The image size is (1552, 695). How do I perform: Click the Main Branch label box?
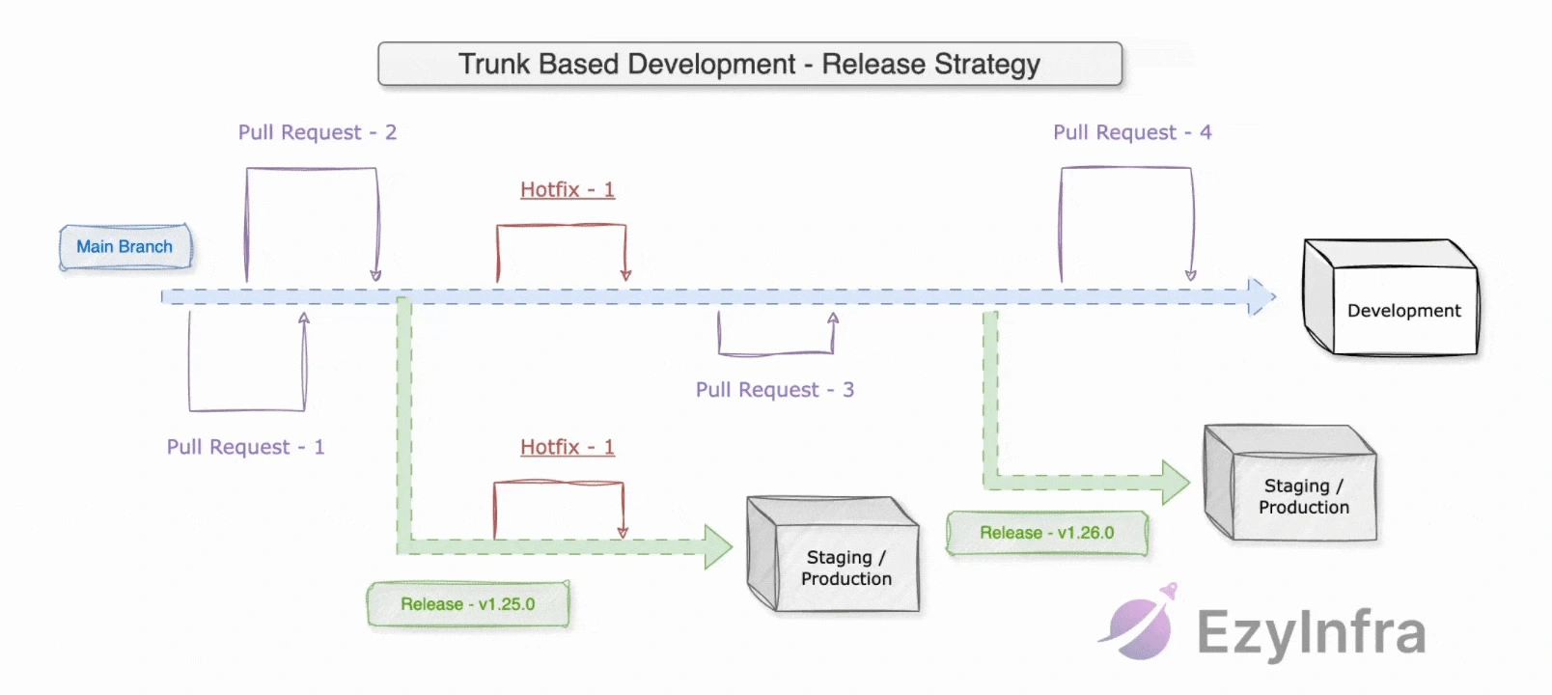coord(125,247)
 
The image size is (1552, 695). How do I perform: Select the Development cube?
coord(1391,299)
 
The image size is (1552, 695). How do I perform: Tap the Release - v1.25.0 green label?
coord(468,604)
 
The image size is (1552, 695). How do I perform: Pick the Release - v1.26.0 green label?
coord(1047,533)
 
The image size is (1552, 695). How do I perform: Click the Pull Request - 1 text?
coord(245,447)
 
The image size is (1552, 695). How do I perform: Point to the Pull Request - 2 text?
coord(318,132)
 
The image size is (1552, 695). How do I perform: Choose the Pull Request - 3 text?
coord(775,390)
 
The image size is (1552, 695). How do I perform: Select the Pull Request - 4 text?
coord(1132,132)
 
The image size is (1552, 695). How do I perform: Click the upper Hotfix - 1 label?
coord(568,189)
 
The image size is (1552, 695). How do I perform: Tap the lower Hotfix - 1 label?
coord(568,447)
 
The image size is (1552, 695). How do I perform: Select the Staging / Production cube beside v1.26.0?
coord(1291,486)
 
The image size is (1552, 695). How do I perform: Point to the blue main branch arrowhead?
coord(1261,296)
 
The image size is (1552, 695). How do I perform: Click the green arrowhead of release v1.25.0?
coord(718,547)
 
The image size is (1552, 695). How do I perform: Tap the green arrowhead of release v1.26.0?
coord(1176,482)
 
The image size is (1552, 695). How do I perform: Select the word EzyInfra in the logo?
coord(1311,633)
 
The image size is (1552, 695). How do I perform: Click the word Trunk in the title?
coord(494,64)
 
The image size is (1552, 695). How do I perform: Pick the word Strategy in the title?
coord(987,65)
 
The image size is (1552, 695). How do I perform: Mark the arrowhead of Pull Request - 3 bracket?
coord(833,319)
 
